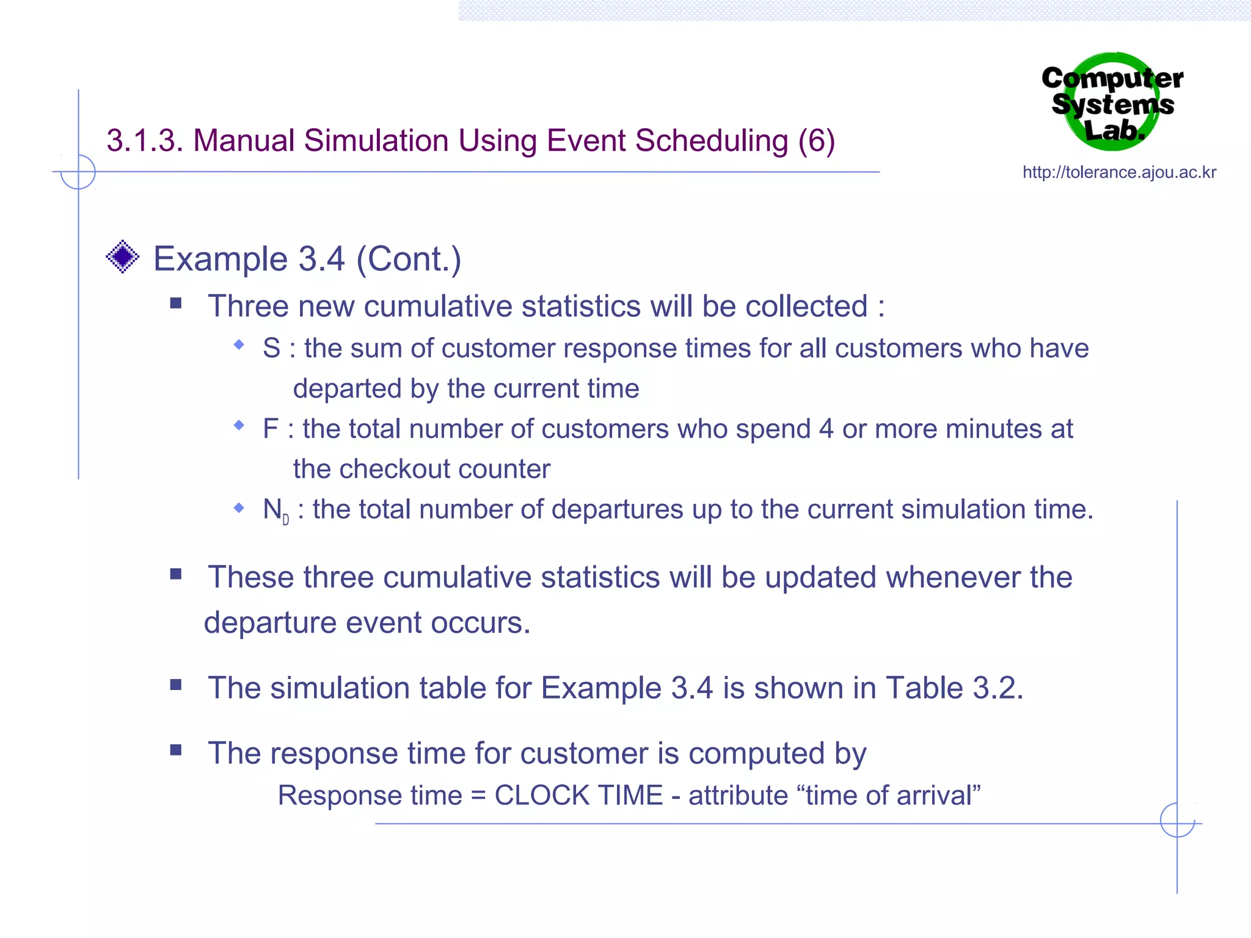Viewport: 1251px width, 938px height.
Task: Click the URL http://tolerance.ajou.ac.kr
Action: coord(1119,172)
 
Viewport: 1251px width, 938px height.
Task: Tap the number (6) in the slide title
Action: coord(817,141)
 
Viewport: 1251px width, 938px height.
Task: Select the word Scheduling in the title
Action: coord(712,141)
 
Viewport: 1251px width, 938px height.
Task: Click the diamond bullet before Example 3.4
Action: coord(123,256)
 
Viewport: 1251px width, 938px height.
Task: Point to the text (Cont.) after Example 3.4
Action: coord(409,259)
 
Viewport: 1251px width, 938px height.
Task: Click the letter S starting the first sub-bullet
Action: coord(272,348)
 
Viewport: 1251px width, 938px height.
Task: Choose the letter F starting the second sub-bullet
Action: coord(271,429)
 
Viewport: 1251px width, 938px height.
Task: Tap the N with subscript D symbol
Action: coord(275,511)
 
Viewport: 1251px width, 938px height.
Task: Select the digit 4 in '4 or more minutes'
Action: coord(826,429)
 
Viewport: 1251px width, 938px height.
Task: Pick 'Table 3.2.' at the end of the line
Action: coord(955,688)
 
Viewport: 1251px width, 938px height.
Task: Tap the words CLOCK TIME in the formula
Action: coord(578,796)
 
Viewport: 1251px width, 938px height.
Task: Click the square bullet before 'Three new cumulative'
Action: coord(176,304)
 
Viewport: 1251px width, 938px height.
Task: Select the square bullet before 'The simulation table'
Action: coord(176,685)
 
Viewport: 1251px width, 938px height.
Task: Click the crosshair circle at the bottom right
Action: coord(1177,820)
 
